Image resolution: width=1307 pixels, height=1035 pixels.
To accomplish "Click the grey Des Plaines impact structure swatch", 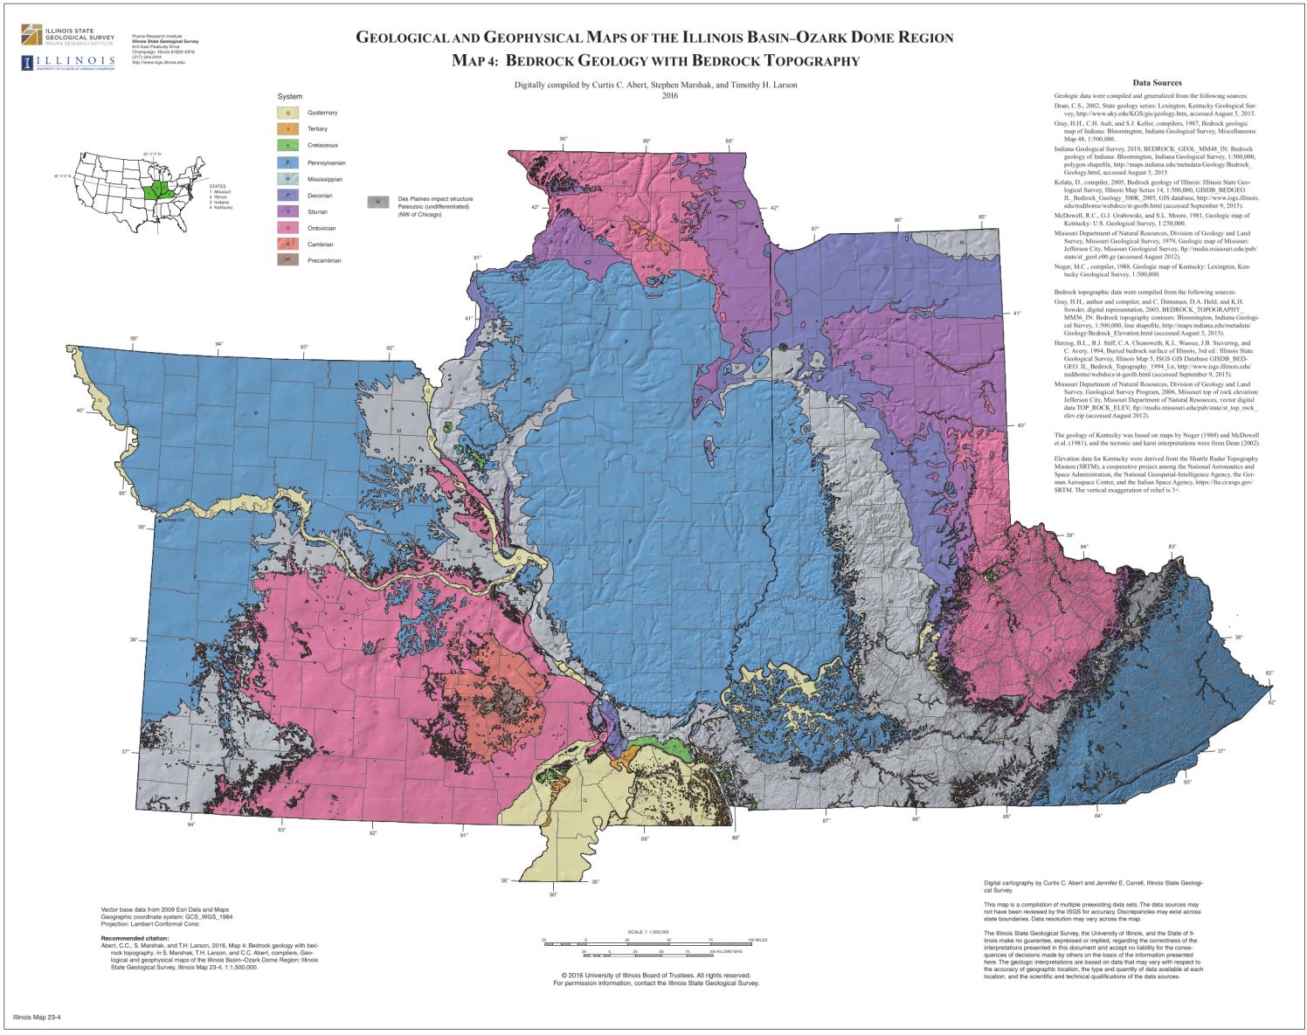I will coord(377,202).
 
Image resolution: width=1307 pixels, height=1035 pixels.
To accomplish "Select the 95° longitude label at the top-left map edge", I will coord(134,339).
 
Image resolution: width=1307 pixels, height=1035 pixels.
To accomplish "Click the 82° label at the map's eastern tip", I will coord(1270,673).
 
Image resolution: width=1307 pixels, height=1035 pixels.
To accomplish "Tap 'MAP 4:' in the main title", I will coord(474,61).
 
